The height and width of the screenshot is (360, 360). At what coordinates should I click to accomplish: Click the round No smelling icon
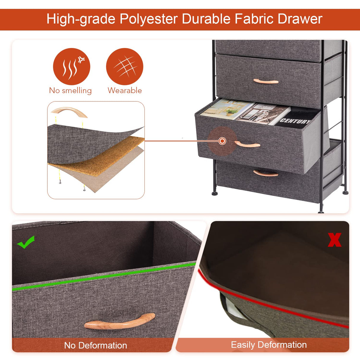71,66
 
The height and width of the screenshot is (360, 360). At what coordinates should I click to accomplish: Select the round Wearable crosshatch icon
125,66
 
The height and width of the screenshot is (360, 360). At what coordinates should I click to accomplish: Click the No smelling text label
70,90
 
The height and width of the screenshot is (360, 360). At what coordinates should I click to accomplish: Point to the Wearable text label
125,90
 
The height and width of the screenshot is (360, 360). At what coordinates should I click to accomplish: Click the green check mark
26,242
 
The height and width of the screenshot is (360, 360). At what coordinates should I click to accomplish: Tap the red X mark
334,240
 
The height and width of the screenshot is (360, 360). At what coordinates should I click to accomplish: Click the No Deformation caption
95,345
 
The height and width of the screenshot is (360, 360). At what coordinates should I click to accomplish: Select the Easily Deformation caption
269,345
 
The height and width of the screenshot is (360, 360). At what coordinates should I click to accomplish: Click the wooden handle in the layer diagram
69,112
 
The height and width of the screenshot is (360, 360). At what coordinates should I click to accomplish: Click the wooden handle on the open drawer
247,144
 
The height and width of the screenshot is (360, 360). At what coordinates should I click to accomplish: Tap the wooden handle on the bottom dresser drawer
266,173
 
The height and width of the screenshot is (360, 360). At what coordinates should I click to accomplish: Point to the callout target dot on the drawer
222,141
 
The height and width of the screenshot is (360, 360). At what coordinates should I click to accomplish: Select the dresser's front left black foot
214,193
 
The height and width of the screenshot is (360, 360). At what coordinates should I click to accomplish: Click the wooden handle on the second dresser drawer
266,81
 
